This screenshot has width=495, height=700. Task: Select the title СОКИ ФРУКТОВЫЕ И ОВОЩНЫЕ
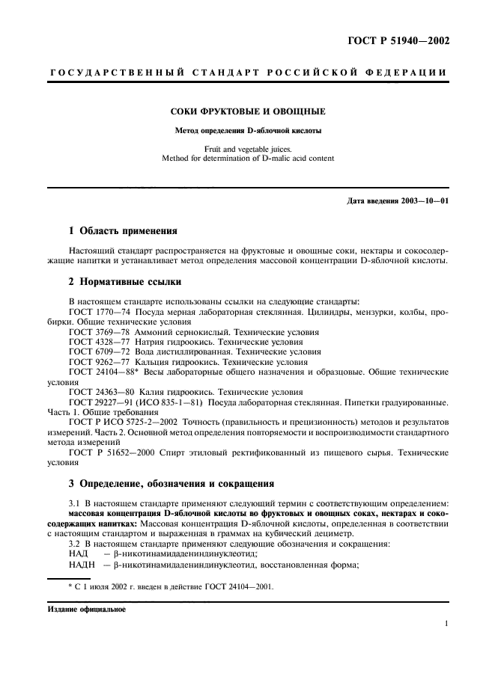247,111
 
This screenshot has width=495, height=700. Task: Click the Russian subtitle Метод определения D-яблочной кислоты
247,129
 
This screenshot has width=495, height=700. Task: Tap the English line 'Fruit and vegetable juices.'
247,148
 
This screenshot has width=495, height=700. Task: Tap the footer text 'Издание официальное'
87,609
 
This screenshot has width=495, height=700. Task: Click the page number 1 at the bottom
446,622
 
